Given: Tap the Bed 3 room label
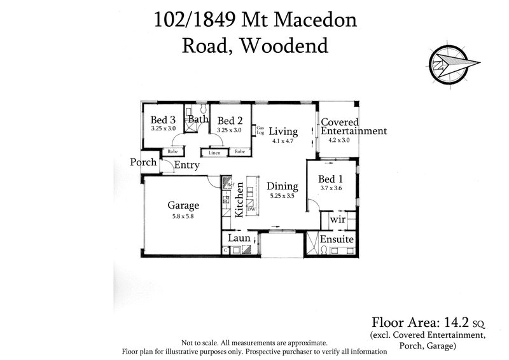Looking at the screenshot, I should (163, 120).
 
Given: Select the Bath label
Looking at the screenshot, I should (199, 119).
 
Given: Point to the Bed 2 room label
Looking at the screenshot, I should (230, 121).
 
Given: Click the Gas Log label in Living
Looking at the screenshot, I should (260, 130).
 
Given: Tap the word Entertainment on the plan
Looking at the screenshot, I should (354, 131).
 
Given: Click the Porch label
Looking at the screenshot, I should (143, 162).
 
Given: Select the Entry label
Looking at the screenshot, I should (187, 165).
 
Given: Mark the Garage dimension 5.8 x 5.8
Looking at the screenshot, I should (183, 216).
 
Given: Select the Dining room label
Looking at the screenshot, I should (282, 186).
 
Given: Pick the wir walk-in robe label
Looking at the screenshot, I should (337, 219).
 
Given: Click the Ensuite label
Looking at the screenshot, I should (337, 240).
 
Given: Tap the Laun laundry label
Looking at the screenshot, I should (239, 239).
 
